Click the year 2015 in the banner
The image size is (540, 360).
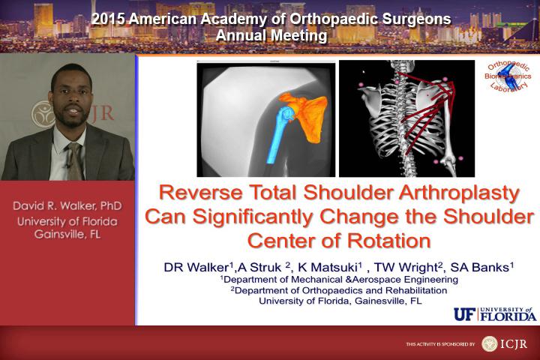(109, 19)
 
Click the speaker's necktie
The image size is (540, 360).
(74, 161)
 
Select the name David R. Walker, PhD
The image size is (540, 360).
(67, 206)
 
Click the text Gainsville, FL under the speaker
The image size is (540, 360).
(67, 235)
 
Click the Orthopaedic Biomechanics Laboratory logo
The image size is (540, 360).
(507, 76)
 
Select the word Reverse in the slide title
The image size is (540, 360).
(202, 192)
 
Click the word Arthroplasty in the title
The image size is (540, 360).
(459, 193)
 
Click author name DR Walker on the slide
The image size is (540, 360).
(197, 267)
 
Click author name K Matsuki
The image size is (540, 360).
(329, 267)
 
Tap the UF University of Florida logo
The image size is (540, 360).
(495, 313)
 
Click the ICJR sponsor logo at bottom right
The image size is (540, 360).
(504, 343)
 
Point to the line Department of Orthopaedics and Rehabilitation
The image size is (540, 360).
(339, 290)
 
